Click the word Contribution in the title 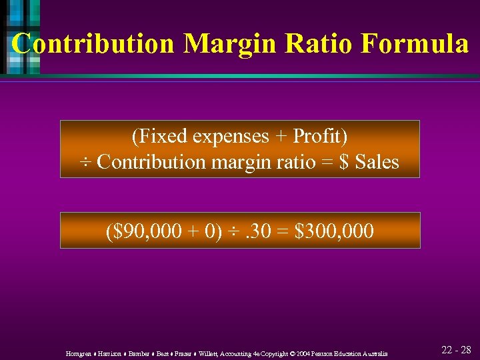pos(93,44)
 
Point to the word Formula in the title pos(415,44)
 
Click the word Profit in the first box pos(316,136)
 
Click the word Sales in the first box pos(376,162)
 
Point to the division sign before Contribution pos(86,162)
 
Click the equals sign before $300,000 pos(283,231)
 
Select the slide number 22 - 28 pos(456,350)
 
